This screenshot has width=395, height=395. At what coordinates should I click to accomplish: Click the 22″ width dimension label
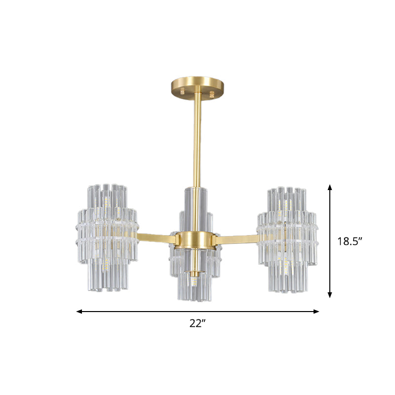[x=197, y=324]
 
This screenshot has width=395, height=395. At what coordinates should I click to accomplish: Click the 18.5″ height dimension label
[x=350, y=241]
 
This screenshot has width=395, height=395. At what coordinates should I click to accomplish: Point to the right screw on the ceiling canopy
[x=212, y=92]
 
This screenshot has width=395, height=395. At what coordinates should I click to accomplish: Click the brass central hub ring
[x=197, y=239]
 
